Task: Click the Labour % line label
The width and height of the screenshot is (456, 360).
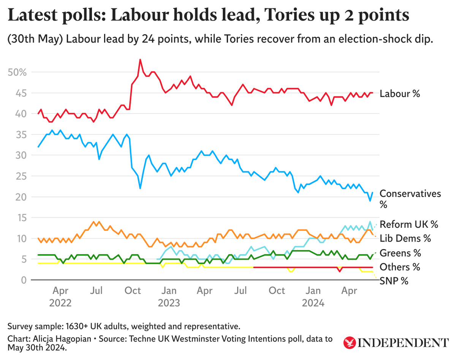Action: point(400,93)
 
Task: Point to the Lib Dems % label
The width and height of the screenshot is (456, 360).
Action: point(405,238)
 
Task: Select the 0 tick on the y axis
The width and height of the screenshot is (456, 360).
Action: point(24,280)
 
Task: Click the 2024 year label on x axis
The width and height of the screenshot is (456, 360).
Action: point(313,303)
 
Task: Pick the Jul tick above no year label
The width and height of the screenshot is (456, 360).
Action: point(241,291)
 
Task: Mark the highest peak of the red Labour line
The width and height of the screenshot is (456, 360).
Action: point(140,59)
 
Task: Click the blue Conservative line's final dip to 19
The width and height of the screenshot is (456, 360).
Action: point(370,201)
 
